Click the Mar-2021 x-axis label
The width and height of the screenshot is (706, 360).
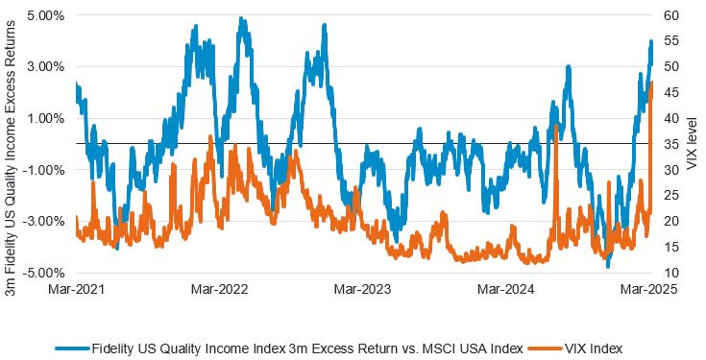pos(75,289)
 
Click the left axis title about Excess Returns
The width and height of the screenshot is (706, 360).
pos(12,144)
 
